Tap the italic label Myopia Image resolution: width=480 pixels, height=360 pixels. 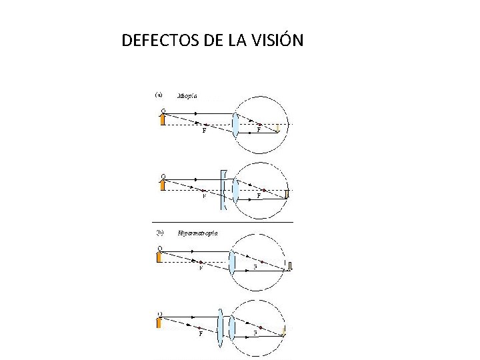pyautogui.click(x=187, y=96)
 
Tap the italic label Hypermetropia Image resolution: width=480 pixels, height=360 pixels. pyautogui.click(x=197, y=233)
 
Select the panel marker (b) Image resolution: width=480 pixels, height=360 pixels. pyautogui.click(x=159, y=233)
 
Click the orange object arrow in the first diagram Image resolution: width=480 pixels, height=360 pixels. pyautogui.click(x=162, y=119)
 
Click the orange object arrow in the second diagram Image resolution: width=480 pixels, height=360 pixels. pyautogui.click(x=162, y=183)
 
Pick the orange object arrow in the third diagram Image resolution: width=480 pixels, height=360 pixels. pyautogui.click(x=159, y=256)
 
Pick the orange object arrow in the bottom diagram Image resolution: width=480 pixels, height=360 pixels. pyautogui.click(x=159, y=323)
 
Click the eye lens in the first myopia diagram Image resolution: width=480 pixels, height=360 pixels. pyautogui.click(x=235, y=125)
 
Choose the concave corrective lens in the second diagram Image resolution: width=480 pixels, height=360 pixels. pyautogui.click(x=224, y=190)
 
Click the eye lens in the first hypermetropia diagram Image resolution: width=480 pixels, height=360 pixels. pyautogui.click(x=232, y=261)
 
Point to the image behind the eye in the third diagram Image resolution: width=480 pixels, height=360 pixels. pyautogui.click(x=291, y=267)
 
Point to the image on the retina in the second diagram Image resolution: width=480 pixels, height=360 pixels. pyautogui.click(x=287, y=194)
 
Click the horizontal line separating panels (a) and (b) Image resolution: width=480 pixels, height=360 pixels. pyautogui.click(x=222, y=221)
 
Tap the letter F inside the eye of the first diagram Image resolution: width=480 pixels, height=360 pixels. pyautogui.click(x=259, y=131)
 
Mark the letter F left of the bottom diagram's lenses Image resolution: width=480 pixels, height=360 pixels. pyautogui.click(x=201, y=335)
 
